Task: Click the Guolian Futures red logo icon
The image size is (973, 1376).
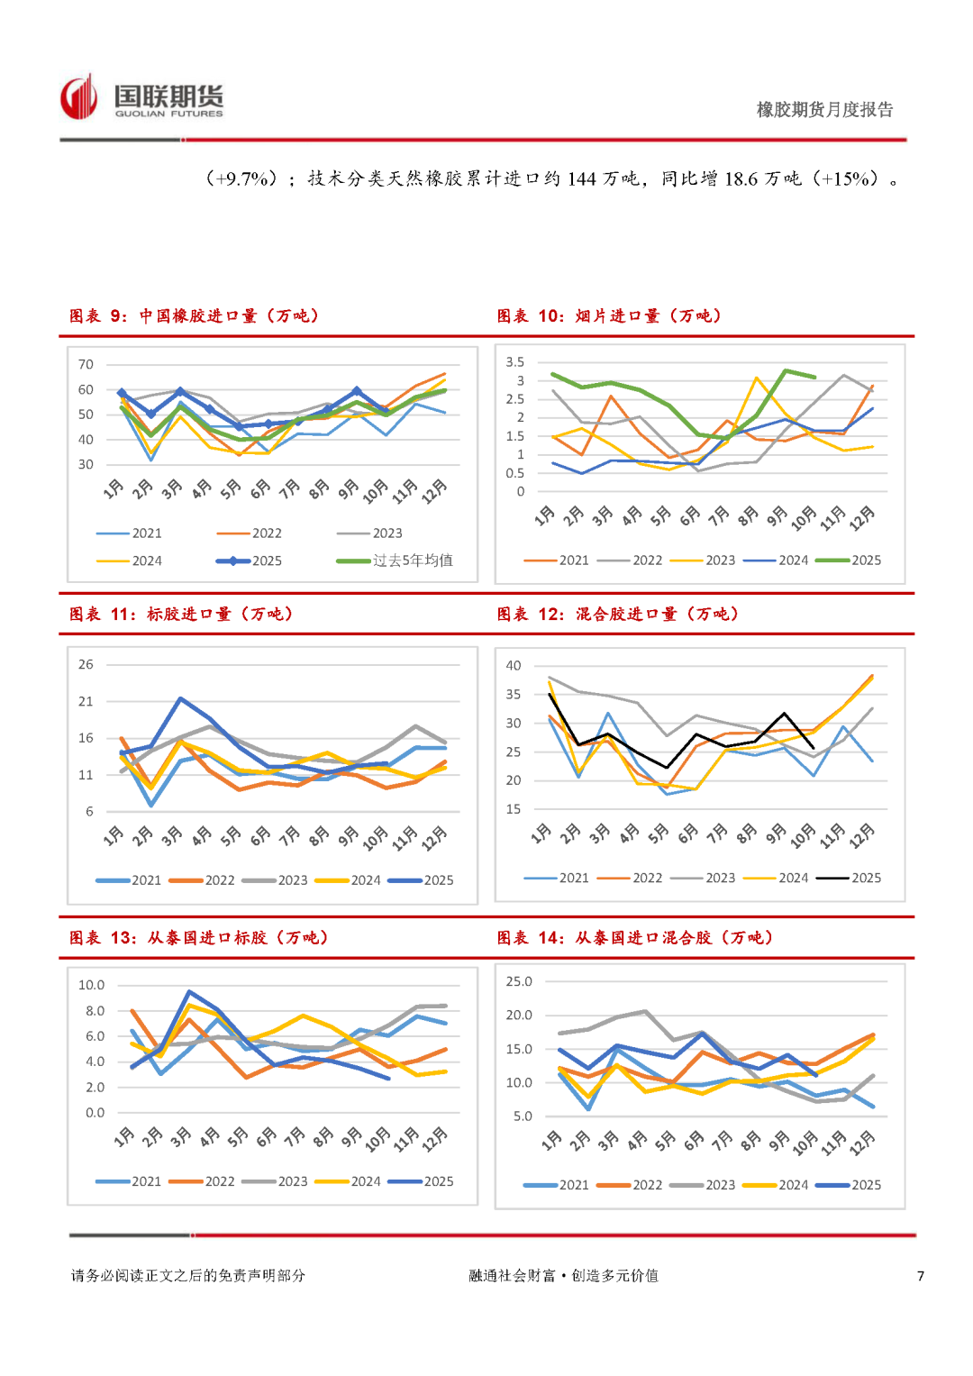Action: pos(78,97)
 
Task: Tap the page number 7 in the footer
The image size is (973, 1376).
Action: pos(921,1276)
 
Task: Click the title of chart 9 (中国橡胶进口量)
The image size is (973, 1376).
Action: pos(194,316)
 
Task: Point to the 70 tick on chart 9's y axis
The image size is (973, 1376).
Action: pos(86,365)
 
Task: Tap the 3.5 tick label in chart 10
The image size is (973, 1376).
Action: pos(514,362)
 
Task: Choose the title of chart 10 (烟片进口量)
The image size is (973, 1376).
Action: pos(609,316)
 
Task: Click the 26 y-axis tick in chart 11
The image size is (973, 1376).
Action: pos(86,665)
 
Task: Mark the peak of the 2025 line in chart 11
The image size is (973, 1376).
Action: pos(181,698)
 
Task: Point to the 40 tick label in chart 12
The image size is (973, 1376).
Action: pos(514,666)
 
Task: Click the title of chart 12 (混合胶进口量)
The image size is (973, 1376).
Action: pos(618,615)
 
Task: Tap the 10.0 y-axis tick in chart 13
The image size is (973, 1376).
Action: pos(91,986)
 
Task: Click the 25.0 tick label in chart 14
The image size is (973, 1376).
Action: pos(519,981)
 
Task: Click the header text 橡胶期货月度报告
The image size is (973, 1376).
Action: pos(824,110)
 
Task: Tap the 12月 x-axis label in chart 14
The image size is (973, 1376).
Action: pos(862,1143)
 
